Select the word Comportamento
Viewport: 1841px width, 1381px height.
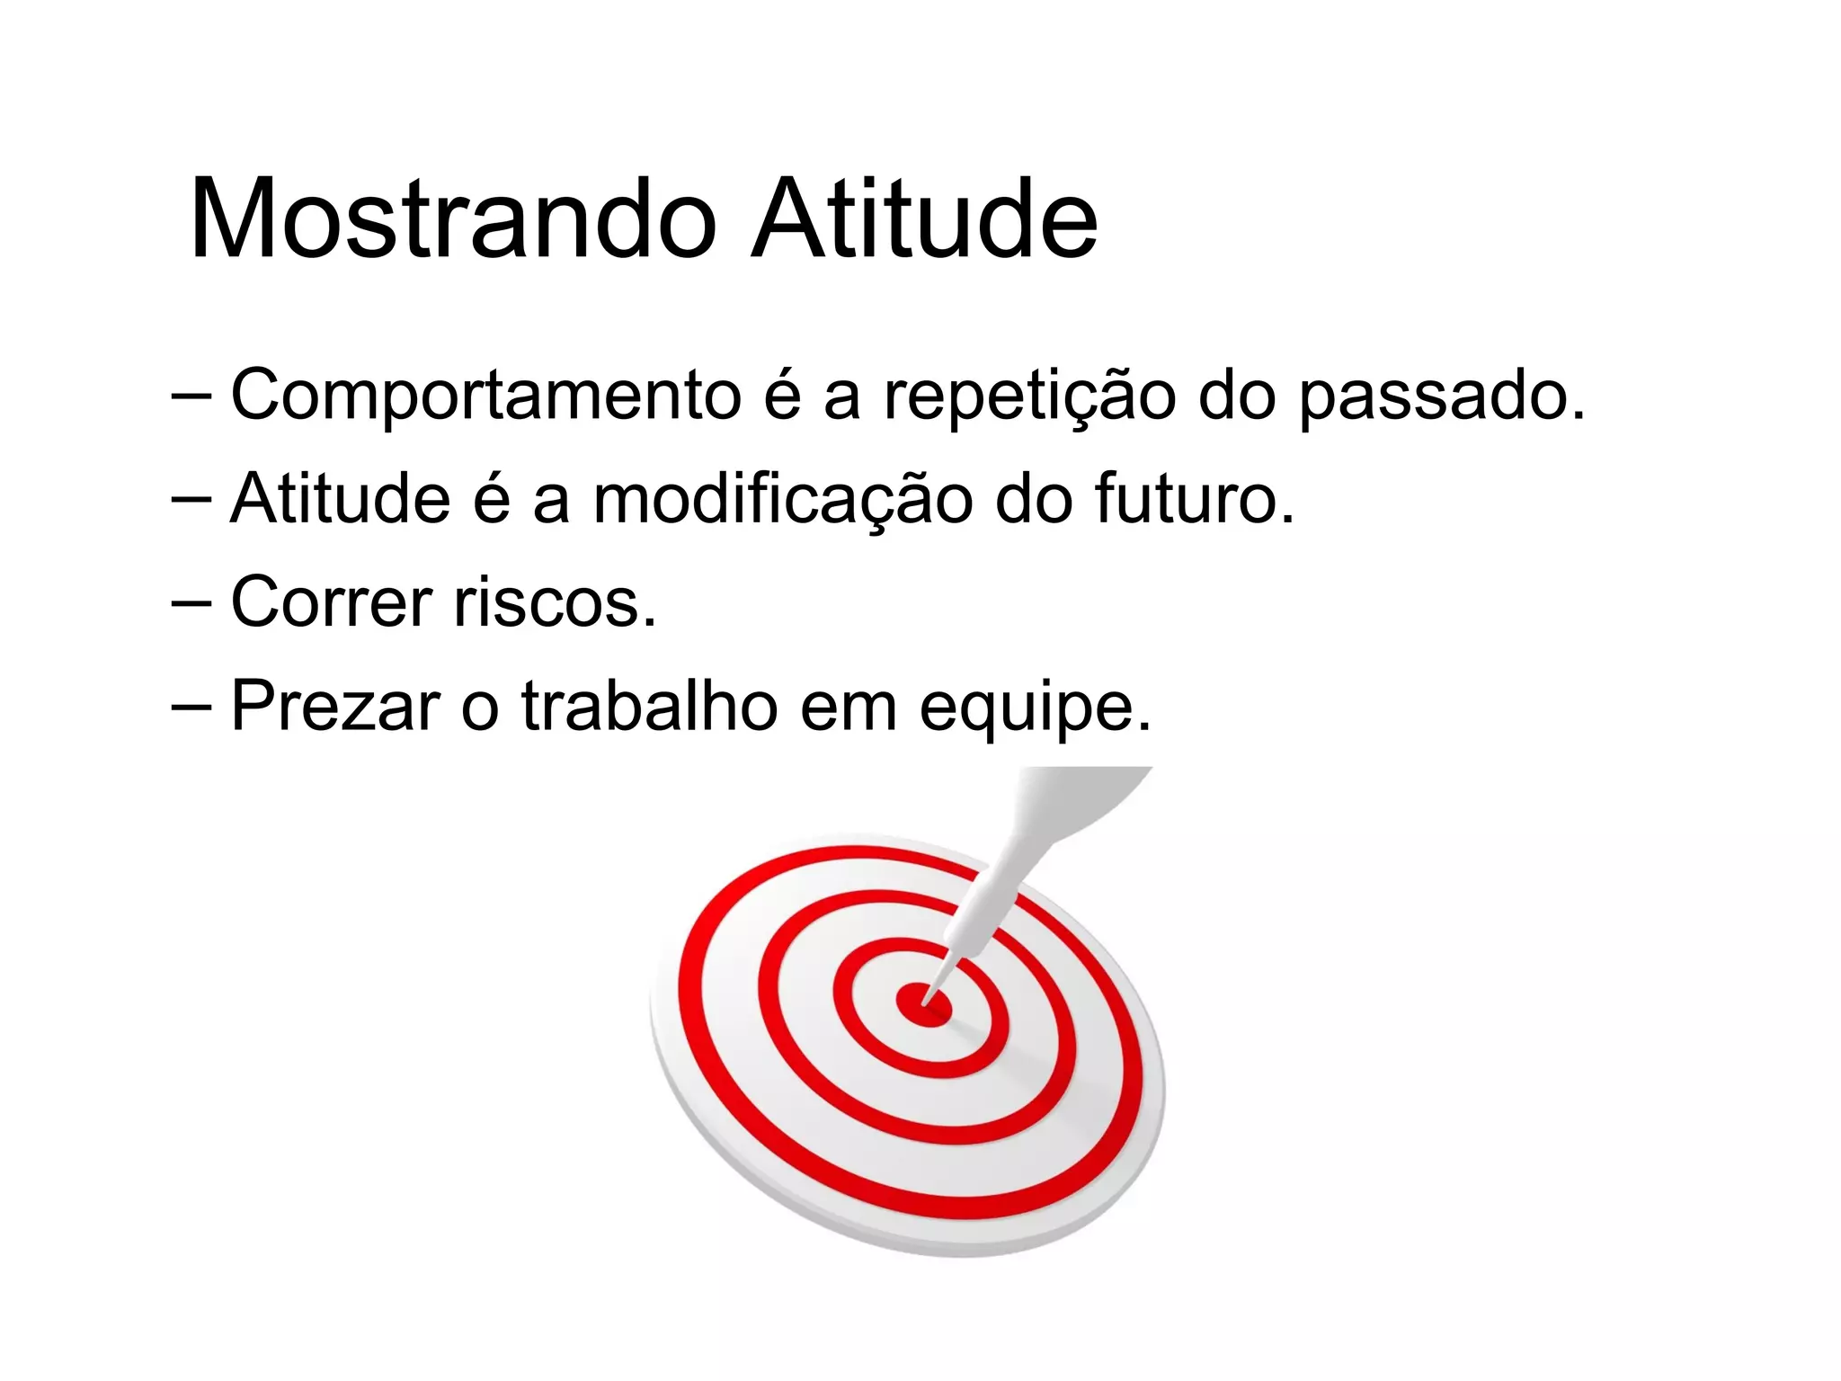pyautogui.click(x=485, y=396)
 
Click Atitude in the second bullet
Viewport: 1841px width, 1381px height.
pyautogui.click(x=340, y=499)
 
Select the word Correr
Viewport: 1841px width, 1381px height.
pyautogui.click(x=332, y=602)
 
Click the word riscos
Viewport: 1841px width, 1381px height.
pyautogui.click(x=555, y=602)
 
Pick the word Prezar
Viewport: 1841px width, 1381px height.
pyautogui.click(x=335, y=707)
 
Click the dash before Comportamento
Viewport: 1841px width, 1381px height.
pyautogui.click(x=191, y=396)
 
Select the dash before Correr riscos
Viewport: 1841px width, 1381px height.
pyautogui.click(x=191, y=602)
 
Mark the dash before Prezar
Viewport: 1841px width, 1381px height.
pyautogui.click(x=191, y=707)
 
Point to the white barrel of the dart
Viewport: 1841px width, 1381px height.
pyautogui.click(x=980, y=908)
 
